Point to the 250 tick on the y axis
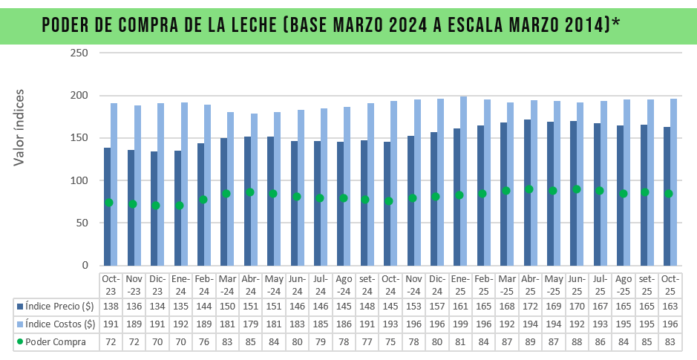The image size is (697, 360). click(x=79, y=53)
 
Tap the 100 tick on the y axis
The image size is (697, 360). click(x=79, y=180)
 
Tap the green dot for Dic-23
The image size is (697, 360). click(x=155, y=206)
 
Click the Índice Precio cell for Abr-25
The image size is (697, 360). click(x=530, y=306)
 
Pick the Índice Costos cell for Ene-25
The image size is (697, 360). click(x=460, y=324)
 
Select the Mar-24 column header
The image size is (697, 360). click(x=228, y=284)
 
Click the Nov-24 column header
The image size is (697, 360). click(x=413, y=284)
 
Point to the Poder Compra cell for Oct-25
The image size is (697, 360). click(x=670, y=341)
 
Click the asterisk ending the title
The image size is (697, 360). click(x=616, y=22)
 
